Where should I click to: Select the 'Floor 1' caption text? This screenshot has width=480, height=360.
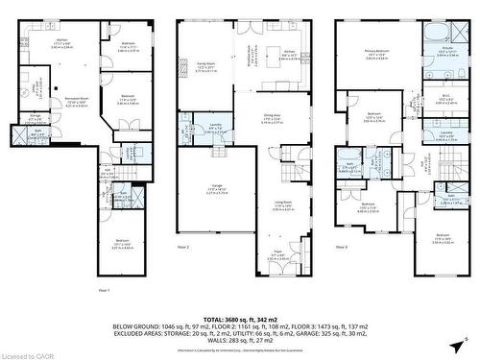pyautogui.click(x=104, y=288)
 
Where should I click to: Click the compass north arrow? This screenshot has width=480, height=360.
pyautogui.click(x=465, y=339)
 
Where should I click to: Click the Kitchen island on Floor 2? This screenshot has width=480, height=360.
pyautogui.click(x=288, y=56)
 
